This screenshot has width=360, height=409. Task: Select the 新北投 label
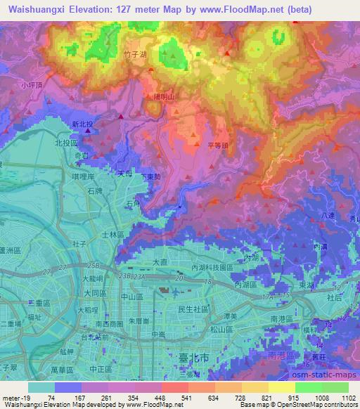coord(83,124)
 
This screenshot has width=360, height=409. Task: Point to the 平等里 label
coord(219,145)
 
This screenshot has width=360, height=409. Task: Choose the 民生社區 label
coord(193,309)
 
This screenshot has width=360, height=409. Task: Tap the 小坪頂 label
coord(32,85)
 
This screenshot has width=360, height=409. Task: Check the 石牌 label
coord(96,190)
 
